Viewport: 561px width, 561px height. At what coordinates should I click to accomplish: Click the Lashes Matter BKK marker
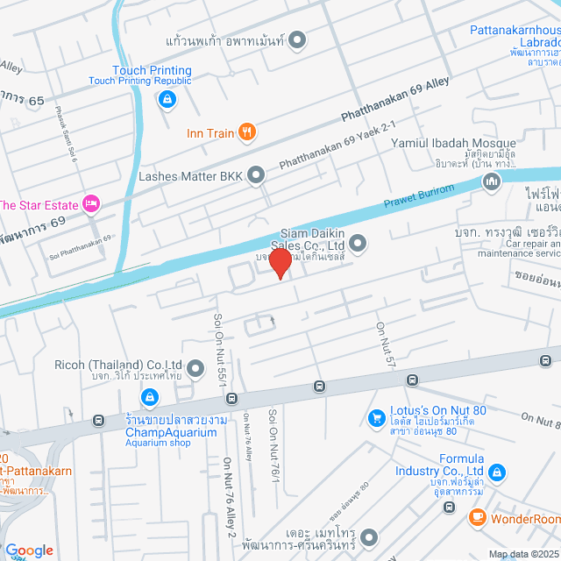click(x=256, y=175)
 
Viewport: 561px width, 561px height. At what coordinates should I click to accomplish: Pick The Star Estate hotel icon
click(x=91, y=204)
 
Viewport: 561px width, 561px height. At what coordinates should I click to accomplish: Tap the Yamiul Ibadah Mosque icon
click(x=491, y=181)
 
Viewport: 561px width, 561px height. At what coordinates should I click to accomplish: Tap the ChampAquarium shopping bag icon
click(x=151, y=399)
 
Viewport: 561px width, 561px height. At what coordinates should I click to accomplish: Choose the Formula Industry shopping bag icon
click(x=497, y=472)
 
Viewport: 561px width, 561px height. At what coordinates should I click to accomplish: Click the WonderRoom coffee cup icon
click(x=478, y=518)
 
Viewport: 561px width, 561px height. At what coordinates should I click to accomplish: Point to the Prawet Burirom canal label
click(x=419, y=199)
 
